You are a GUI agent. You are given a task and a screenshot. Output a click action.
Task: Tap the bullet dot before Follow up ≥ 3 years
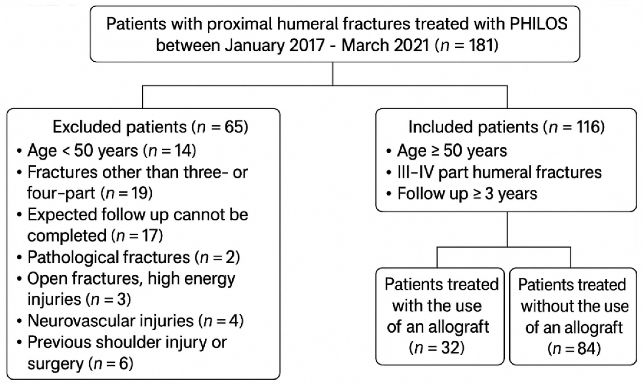point(389,194)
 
